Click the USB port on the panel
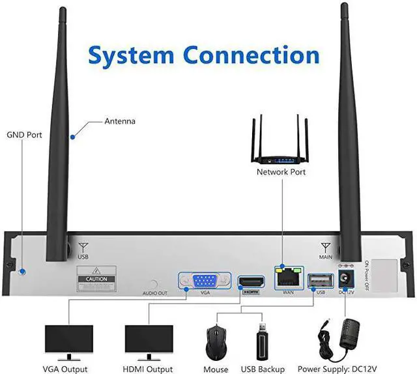click(x=319, y=280)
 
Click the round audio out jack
click(x=154, y=285)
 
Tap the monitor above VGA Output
click(x=65, y=341)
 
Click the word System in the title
click(x=133, y=55)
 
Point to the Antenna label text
click(x=120, y=121)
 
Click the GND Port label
click(x=24, y=135)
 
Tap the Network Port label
click(x=281, y=172)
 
